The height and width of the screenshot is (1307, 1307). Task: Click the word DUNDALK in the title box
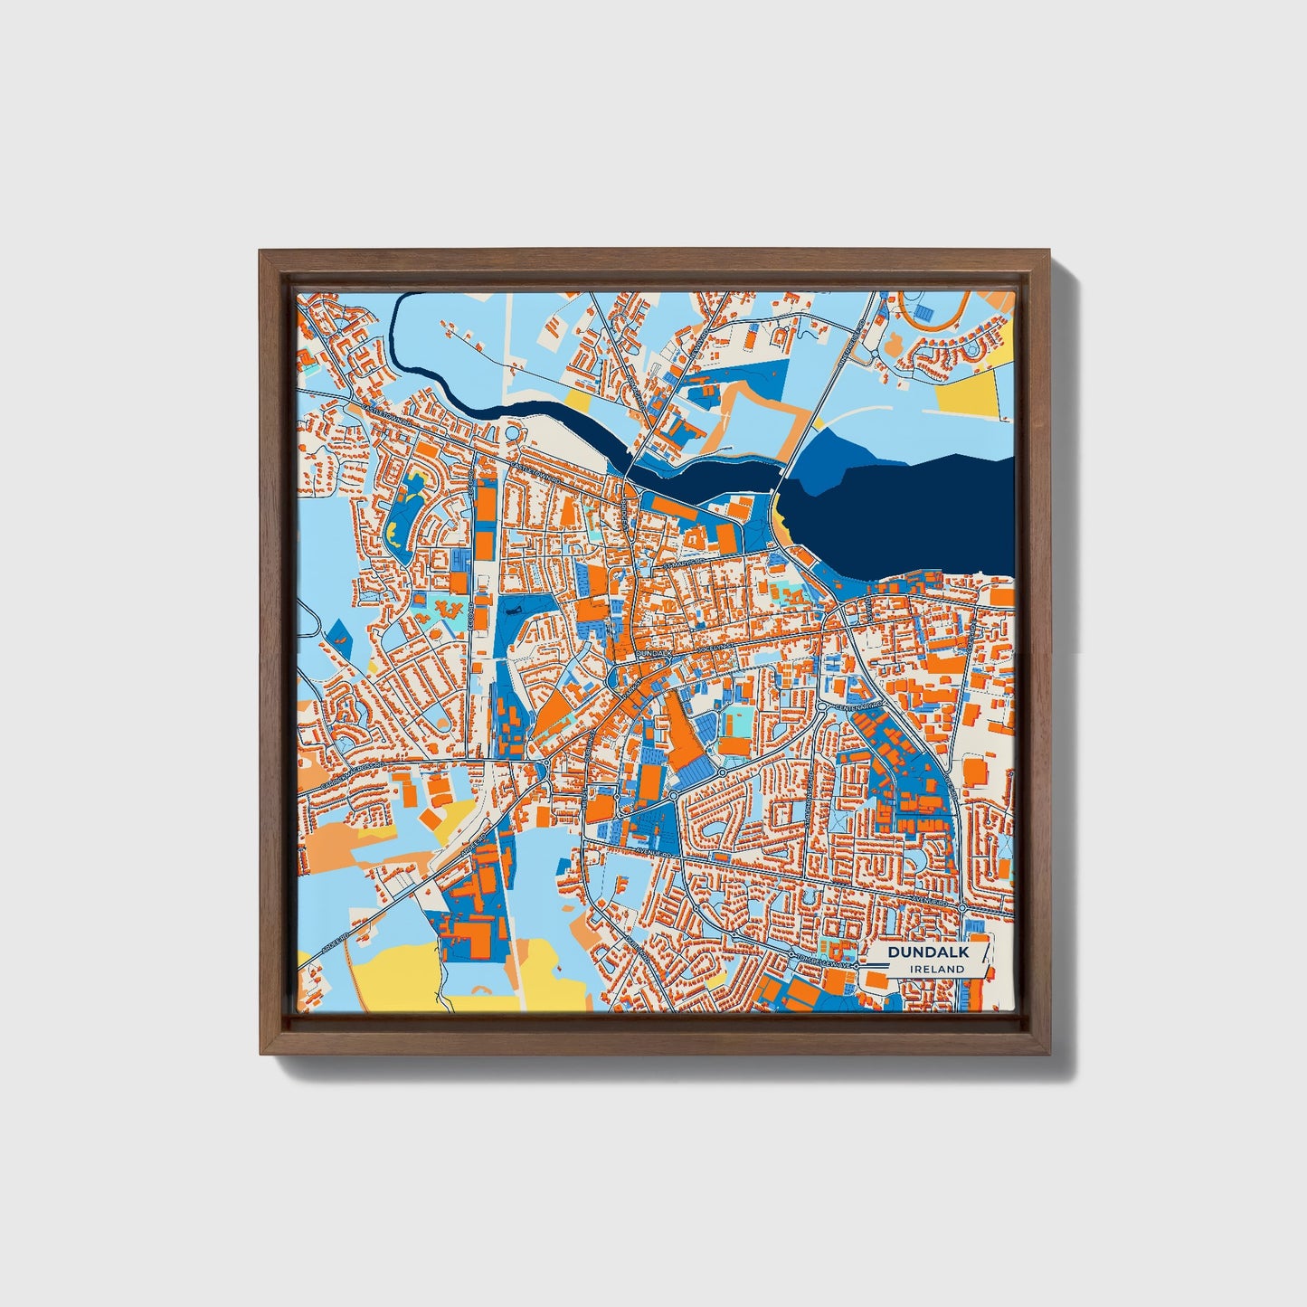(928, 952)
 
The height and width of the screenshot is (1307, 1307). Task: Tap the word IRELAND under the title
(937, 969)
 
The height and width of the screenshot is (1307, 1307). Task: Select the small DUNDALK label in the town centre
(654, 651)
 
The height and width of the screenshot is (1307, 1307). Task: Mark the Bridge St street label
(625, 511)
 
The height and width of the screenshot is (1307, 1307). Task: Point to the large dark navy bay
(914, 516)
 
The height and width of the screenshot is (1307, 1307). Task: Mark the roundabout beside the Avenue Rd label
(673, 795)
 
